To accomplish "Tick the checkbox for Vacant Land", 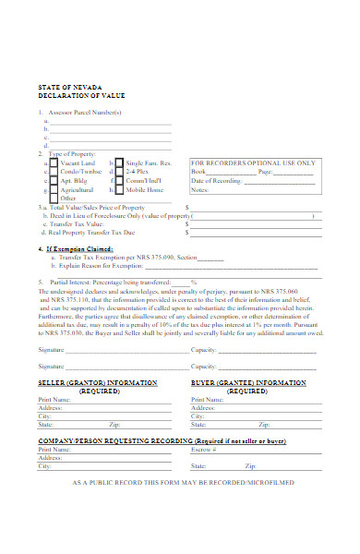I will [53, 162].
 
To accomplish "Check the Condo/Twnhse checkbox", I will [53, 171].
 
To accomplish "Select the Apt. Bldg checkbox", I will [53, 180].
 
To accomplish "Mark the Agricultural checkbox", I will [53, 189].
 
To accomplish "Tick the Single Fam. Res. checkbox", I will [119, 162].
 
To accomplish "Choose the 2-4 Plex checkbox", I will [119, 171].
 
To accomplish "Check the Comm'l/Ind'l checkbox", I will [119, 180].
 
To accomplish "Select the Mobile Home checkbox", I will [119, 189].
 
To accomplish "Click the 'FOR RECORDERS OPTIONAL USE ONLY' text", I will [253, 163].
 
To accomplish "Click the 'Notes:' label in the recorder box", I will [201, 189].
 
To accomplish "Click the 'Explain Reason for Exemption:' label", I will [107, 266].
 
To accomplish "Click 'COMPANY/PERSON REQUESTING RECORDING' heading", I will [102, 442].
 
